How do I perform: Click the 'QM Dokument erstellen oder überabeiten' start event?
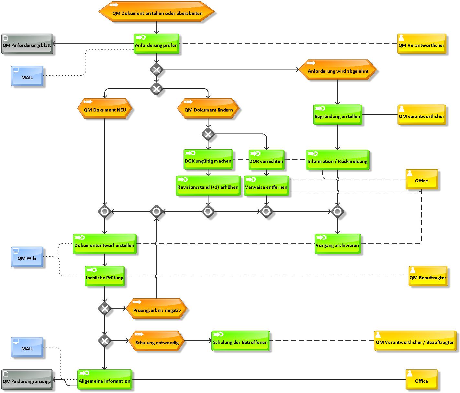(156, 11)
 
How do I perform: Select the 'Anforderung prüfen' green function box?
(156, 44)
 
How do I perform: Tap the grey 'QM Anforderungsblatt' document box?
(27, 44)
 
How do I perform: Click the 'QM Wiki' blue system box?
(27, 257)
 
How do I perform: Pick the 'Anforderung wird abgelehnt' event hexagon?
(337, 69)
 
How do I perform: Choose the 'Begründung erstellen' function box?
(338, 115)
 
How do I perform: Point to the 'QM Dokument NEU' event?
(105, 108)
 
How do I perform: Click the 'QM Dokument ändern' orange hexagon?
(208, 108)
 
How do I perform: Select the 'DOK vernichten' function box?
(266, 160)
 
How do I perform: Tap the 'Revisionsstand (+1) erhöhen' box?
(208, 186)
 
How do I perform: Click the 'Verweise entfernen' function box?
(266, 186)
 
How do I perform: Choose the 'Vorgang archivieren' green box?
(337, 244)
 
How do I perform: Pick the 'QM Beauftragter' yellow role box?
(428, 276)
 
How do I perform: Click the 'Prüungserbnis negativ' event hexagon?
(157, 308)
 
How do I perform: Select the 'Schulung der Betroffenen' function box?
(240, 341)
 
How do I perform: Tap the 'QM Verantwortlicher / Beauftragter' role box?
(415, 341)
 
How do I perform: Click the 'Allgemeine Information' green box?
(105, 379)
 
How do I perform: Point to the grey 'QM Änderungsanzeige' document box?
(27, 379)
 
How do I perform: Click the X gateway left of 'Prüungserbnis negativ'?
(105, 308)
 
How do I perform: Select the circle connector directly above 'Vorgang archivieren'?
(337, 211)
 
